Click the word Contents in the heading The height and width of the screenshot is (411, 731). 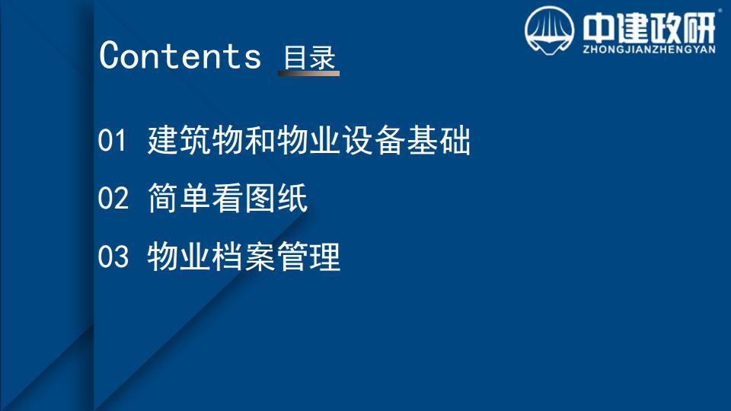coord(180,56)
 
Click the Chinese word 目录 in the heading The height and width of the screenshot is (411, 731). coord(310,57)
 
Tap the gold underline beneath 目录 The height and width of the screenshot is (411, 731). coord(308,73)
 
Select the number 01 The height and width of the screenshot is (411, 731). coord(112,140)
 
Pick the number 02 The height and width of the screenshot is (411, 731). coord(113,198)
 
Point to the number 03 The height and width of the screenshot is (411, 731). coord(113,256)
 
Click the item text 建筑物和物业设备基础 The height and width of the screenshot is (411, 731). coord(309,140)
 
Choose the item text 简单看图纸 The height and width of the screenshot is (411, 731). coord(228,198)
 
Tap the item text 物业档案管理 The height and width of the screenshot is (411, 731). coord(244,256)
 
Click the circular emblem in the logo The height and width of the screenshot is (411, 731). coord(549,30)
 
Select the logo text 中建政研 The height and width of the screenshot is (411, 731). coord(649,28)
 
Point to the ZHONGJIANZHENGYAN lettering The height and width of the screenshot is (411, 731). coord(649,49)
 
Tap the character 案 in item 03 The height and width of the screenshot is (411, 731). coord(260,256)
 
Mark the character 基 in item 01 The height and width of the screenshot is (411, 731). coord(423,140)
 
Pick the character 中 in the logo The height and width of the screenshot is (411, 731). coord(599,28)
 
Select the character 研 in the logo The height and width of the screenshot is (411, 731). coord(700,28)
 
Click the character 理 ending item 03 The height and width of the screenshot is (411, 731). coord(325,256)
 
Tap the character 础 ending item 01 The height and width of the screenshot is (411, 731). coord(455,140)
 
